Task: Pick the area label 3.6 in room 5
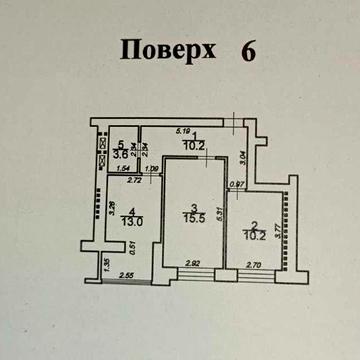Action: [x=120, y=155]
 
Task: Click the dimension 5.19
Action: [x=182, y=130]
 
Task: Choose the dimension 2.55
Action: [x=127, y=274]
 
